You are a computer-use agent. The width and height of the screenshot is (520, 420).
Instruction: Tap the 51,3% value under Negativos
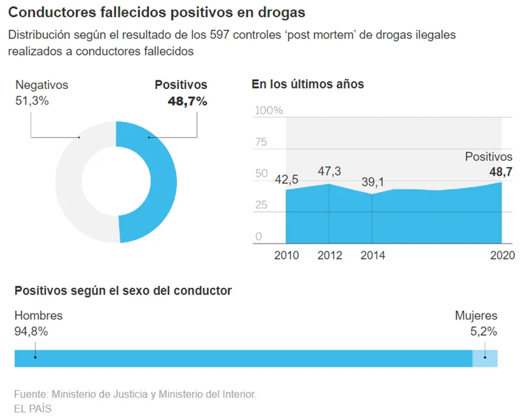click(x=32, y=101)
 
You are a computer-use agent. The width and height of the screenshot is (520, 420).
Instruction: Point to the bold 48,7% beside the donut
click(x=187, y=101)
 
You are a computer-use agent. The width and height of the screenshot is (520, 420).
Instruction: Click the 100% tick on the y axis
click(x=269, y=111)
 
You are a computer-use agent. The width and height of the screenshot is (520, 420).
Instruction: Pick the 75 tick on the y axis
click(x=261, y=142)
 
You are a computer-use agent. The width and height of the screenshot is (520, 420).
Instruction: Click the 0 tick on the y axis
click(x=258, y=237)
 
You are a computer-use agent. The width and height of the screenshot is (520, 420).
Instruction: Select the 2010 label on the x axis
click(x=286, y=255)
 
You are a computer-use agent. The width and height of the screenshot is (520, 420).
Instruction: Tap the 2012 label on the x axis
click(x=329, y=255)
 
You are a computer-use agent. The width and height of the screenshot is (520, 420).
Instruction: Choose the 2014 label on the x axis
click(x=373, y=255)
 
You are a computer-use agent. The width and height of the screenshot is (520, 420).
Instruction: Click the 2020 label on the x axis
click(x=502, y=255)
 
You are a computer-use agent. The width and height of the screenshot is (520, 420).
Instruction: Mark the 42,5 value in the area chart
click(x=287, y=180)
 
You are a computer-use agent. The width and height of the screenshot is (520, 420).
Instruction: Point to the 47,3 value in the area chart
click(x=329, y=171)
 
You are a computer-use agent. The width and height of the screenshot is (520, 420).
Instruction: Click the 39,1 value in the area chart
click(x=373, y=182)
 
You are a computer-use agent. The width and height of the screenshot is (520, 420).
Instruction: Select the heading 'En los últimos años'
click(x=308, y=84)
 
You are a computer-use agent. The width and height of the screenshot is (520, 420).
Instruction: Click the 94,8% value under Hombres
click(x=31, y=332)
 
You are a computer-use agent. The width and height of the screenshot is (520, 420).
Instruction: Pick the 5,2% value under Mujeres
click(x=483, y=332)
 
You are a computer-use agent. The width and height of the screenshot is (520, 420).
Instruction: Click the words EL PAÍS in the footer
click(x=33, y=408)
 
